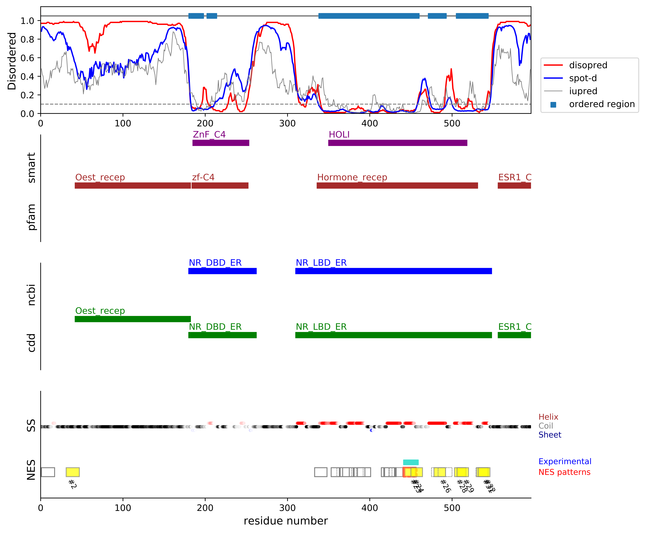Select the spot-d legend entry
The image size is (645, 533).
coord(583,78)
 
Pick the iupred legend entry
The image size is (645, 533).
coord(583,91)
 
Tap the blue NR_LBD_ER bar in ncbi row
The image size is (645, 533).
coord(393,271)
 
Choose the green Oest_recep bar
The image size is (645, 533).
coord(133,319)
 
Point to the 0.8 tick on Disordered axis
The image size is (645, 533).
coord(27,39)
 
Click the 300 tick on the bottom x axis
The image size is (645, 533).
coord(287,508)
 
